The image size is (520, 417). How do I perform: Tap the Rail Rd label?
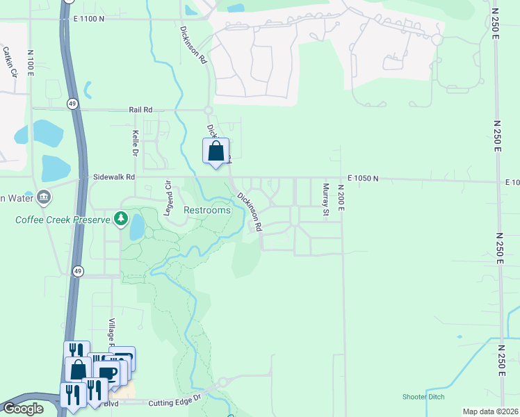140,110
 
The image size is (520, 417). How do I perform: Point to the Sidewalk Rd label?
113,178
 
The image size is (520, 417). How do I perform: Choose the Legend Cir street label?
168,199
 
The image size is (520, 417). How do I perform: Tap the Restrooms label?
206,210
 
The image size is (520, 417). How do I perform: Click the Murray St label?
325,199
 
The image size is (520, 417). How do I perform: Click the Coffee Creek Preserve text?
63,220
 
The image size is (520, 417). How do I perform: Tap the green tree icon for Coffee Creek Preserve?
122,220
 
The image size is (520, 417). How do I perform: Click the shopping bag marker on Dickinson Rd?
216,151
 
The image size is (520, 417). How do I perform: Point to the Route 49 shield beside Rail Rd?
72,104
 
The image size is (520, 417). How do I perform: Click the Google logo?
23,409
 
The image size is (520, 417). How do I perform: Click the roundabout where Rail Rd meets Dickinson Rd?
208,110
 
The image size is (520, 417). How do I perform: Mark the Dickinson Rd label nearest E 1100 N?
194,46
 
